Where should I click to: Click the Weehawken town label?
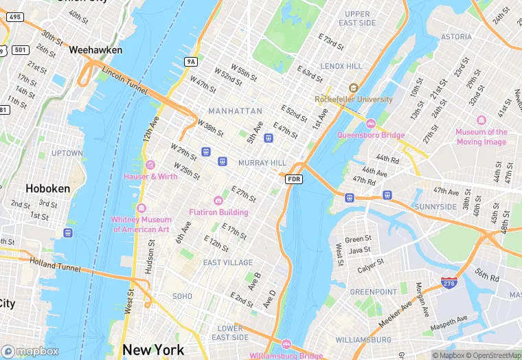click(95, 50)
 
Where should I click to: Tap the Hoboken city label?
click(48, 188)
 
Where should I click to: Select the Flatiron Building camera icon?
click(218, 200)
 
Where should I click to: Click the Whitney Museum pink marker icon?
click(141, 208)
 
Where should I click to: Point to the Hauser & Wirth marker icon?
click(150, 165)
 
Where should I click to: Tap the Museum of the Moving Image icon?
click(481, 120)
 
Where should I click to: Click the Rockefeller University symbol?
click(353, 88)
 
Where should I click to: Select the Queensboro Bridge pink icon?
click(371, 124)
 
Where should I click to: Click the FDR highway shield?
click(294, 179)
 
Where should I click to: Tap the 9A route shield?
click(191, 62)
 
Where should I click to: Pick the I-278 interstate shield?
click(449, 282)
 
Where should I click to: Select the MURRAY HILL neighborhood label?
click(262, 163)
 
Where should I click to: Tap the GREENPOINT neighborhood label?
click(374, 292)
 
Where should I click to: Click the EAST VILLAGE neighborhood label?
click(228, 262)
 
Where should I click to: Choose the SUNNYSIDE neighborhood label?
click(435, 207)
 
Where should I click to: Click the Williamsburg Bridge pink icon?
click(286, 344)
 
